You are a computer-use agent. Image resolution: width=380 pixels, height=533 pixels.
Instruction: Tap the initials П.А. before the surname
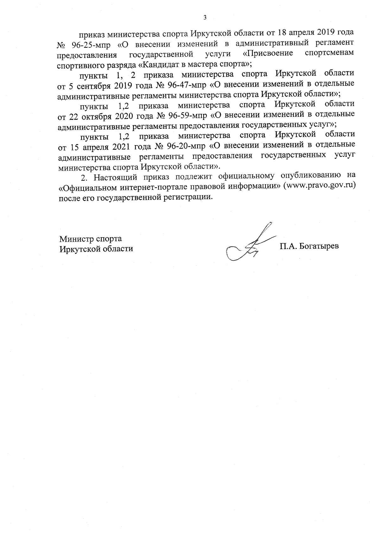[288, 246]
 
